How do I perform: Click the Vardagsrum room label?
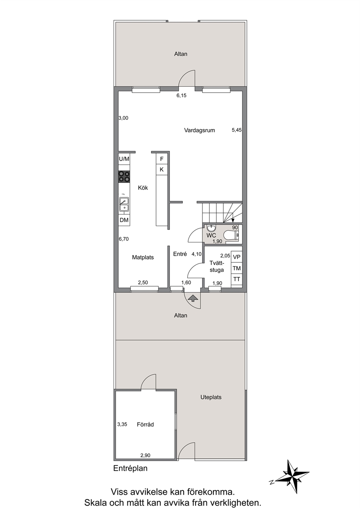199,131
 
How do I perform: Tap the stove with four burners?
124,177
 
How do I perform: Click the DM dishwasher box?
124,220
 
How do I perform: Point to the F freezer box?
161,159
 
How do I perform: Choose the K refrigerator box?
161,169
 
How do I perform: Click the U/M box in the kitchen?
124,159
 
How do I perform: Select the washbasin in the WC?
212,228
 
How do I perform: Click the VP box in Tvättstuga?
237,257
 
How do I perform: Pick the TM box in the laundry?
237,268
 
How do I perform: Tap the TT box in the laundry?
237,279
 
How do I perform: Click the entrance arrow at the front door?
192,298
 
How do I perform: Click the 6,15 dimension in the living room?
181,96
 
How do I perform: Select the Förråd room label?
145,424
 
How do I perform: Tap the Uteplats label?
211,397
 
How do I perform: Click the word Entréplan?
130,468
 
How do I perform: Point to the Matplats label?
143,258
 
